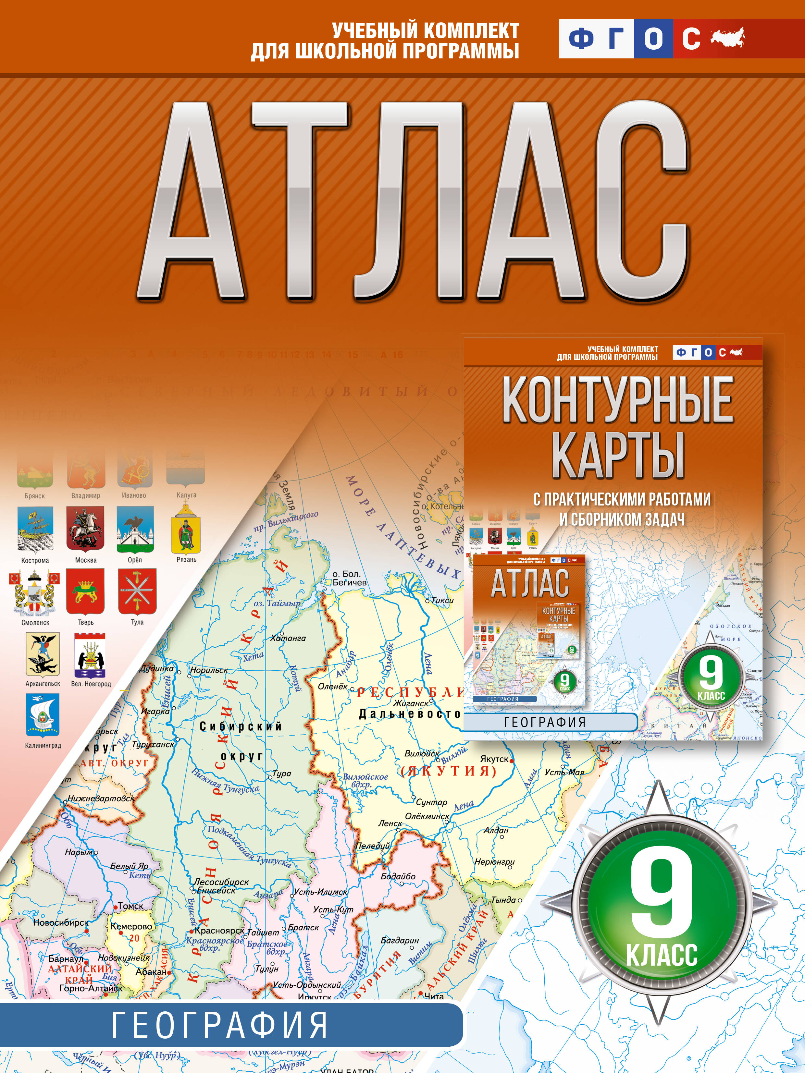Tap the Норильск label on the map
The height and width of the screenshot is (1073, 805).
coord(209,670)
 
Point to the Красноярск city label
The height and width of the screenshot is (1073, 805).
coord(219,930)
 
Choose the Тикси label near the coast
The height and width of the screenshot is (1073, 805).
coord(442,600)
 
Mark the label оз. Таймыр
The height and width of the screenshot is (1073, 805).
coord(277,604)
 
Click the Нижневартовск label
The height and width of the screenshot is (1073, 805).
coord(101,798)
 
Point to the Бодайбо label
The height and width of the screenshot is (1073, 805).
coord(398,876)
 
